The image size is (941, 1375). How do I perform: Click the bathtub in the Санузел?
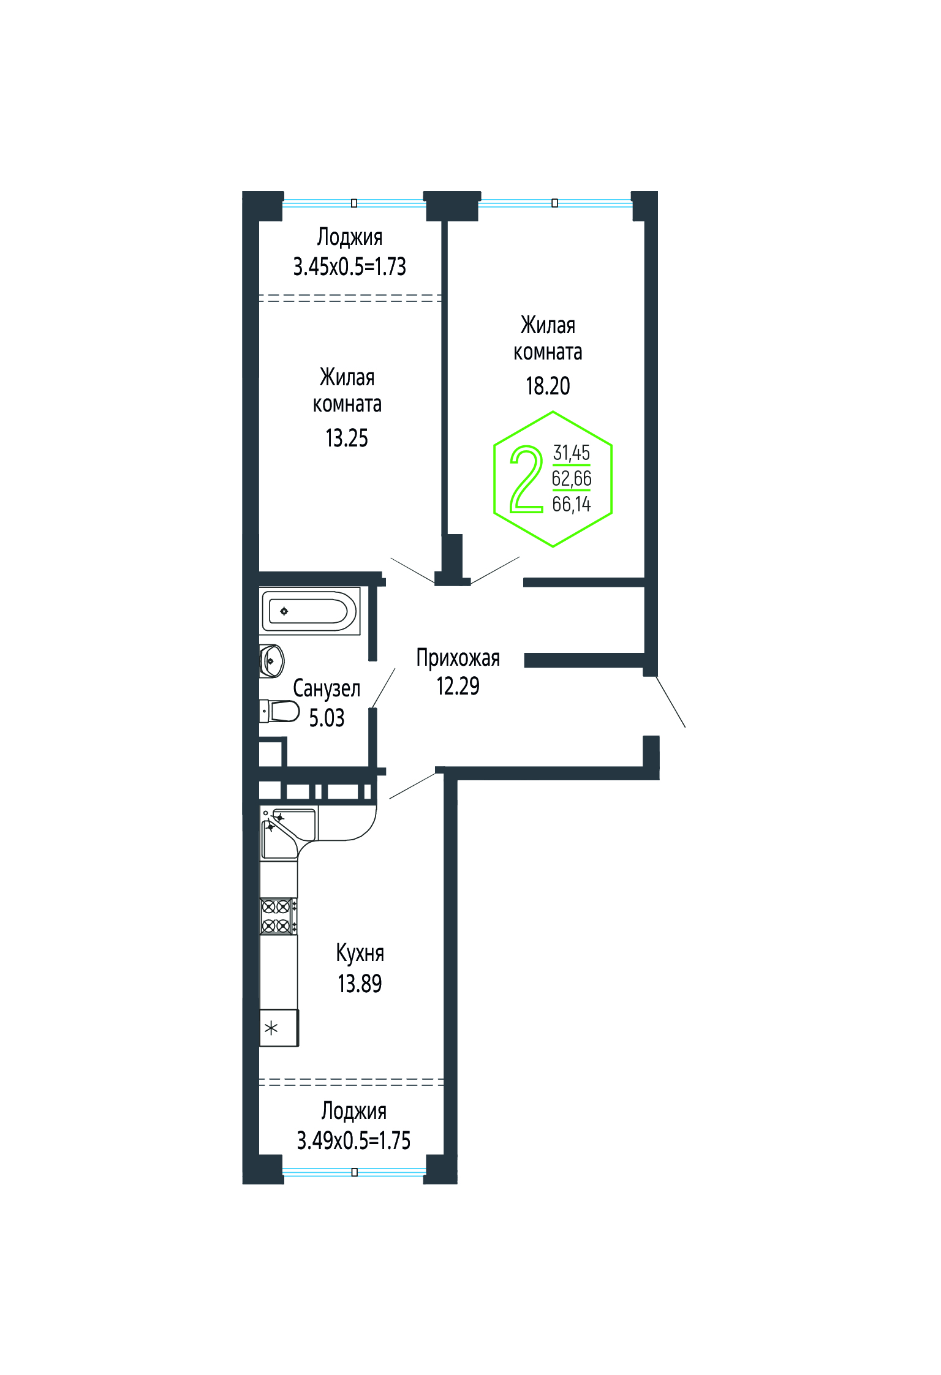pos(310,611)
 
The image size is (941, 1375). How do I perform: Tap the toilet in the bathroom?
pos(279,711)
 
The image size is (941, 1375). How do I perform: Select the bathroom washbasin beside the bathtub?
pos(271,661)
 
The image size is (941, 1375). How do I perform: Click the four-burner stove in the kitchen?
pos(278,916)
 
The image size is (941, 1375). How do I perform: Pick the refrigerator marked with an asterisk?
pos(279,1028)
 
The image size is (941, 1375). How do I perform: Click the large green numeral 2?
pos(526,479)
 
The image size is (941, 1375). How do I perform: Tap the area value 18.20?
pos(548,386)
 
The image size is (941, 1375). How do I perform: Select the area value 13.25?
pos(347,438)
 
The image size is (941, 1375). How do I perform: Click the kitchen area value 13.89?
pos(360,983)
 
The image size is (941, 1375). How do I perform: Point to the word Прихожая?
pos(458,658)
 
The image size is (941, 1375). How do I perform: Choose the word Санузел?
pos(327,688)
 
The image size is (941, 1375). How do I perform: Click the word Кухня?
pos(360,953)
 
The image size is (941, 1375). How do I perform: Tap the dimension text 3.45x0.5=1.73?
pos(350,266)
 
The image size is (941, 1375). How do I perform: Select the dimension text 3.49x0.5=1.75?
pos(353,1140)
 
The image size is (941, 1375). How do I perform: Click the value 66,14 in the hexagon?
pos(572,504)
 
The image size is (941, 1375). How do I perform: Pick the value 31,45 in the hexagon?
pos(572,453)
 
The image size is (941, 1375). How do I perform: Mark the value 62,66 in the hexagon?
pos(572,478)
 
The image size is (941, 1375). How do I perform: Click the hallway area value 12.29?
pos(458,686)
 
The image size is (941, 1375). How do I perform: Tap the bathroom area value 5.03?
pos(327,718)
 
